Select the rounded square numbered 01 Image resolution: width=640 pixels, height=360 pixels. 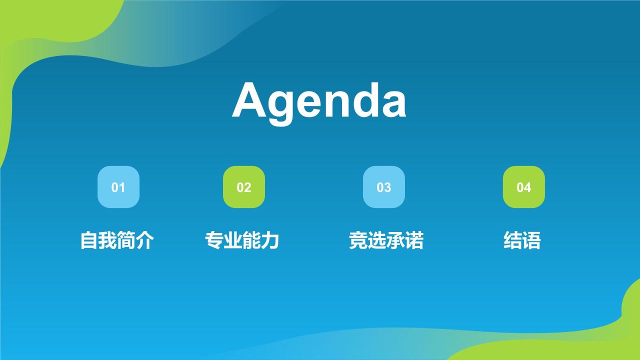pos(118,187)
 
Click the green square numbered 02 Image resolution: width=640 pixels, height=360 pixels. pos(244,187)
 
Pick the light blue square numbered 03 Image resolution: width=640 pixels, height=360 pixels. pos(384,187)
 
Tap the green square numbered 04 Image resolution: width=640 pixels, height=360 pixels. pos(524,187)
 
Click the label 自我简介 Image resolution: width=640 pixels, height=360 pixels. pos(117,240)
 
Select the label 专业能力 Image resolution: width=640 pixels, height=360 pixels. pos(242,240)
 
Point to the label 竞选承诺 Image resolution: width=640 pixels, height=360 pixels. pos(386,240)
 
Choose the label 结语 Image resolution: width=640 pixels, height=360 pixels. pos(522,240)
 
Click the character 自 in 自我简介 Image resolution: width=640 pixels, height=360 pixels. pos(89,240)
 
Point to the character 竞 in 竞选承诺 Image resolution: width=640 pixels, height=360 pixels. pos(358,240)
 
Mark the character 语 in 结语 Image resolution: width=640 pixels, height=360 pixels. pos(531,240)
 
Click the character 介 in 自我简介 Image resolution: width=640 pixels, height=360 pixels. pos(145,240)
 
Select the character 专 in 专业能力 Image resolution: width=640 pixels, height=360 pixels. pos(214,240)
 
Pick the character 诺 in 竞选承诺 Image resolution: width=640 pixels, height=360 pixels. pos(414,240)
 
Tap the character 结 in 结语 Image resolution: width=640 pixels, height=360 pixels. pos(512,240)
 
